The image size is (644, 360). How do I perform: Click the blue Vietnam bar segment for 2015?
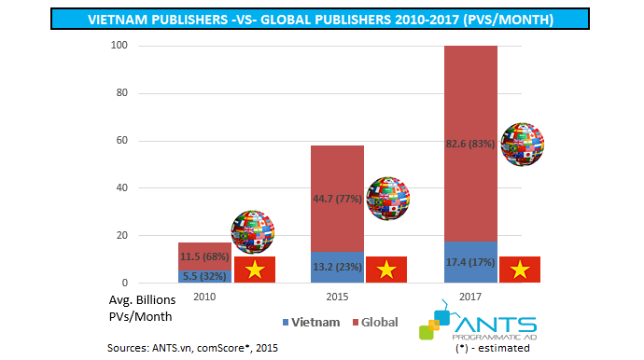pyautogui.click(x=337, y=267)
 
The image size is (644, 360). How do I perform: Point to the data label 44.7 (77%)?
pyautogui.click(x=337, y=199)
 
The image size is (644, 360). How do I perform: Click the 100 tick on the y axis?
pyautogui.click(x=118, y=46)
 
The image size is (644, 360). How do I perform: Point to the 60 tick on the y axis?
pyautogui.click(x=120, y=141)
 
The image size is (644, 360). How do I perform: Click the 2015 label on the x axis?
pyautogui.click(x=337, y=296)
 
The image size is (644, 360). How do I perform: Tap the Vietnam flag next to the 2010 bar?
pyautogui.click(x=254, y=270)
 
